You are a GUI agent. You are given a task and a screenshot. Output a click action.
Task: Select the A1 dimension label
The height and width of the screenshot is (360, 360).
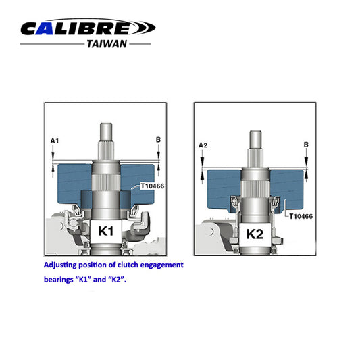tap(55, 140)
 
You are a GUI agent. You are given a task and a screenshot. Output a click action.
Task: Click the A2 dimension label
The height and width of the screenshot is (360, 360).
tap(202, 145)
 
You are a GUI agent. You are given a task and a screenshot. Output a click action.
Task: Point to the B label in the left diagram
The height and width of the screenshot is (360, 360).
tap(158, 140)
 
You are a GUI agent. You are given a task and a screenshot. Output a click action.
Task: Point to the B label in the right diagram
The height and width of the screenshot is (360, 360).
tap(306, 145)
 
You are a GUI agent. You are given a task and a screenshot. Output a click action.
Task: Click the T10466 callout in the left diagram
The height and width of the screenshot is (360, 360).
tap(153, 186)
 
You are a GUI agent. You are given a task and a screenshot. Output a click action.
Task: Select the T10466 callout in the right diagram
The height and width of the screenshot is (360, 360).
tap(301, 217)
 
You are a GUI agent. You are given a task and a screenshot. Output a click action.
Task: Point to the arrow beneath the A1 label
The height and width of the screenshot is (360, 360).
tap(54, 153)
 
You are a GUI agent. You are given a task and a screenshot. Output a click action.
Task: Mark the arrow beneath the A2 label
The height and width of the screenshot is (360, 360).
tap(202, 158)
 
